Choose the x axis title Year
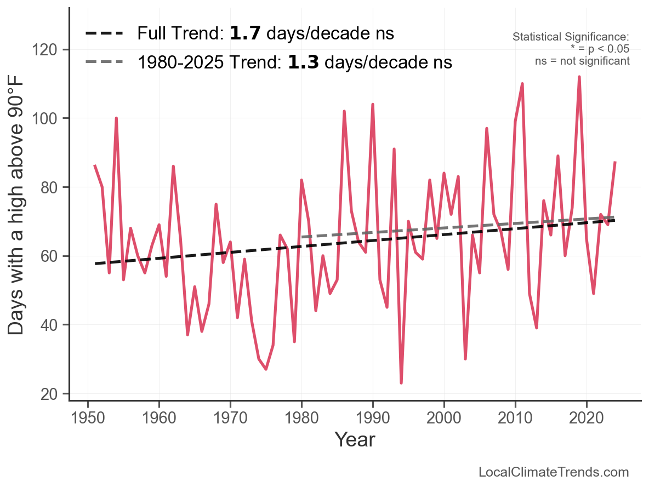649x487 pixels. (x=355, y=440)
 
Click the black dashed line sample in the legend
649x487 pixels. (x=104, y=34)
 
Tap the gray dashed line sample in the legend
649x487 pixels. (x=104, y=62)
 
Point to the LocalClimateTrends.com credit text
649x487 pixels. (x=554, y=472)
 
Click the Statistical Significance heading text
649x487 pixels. (x=571, y=37)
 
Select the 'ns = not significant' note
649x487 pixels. (x=582, y=61)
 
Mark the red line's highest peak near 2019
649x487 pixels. (x=579, y=77)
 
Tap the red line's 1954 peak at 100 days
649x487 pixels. (x=116, y=118)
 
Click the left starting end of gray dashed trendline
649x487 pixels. (x=302, y=237)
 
